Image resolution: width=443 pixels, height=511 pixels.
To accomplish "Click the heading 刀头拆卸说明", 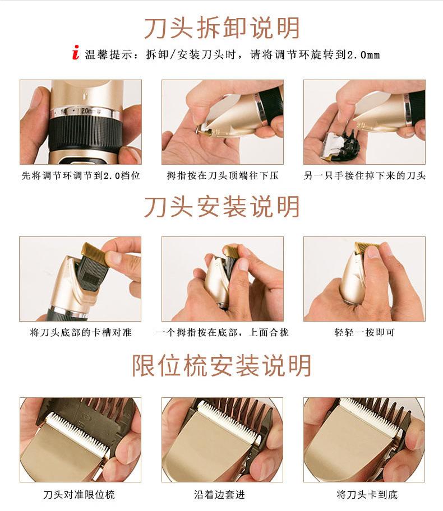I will pos(221,28).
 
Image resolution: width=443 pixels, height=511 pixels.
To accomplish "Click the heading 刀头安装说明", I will pos(221,207).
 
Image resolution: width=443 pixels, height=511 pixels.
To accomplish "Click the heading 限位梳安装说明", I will pos(221,366).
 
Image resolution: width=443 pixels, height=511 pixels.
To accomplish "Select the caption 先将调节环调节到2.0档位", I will pos(81,175).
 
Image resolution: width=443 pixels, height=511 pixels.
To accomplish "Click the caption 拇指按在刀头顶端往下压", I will pos(223,175).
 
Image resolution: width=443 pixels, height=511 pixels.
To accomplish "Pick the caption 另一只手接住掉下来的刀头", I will pos(364,175).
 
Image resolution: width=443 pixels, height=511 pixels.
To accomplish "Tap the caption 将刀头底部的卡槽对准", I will pos(81,332).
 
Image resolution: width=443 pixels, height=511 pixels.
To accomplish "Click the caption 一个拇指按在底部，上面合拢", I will pos(223,332).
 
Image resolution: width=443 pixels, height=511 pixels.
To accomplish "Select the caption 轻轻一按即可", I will pos(364,332).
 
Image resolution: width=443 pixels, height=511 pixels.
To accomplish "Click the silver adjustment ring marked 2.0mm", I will pos(84,112).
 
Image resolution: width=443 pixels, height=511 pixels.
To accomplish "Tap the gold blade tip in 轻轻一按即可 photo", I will pos(366,247).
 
